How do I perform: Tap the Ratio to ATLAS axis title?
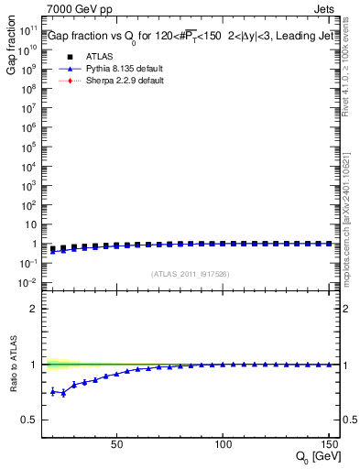[11, 366]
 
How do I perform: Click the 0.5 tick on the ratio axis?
[28, 420]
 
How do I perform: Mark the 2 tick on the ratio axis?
[34, 309]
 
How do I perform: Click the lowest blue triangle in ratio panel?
[63, 393]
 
